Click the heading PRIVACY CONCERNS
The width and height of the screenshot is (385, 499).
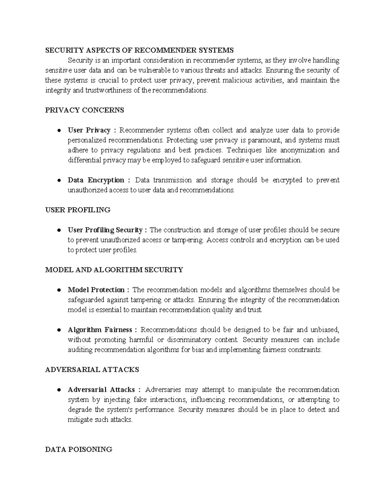coord(84,110)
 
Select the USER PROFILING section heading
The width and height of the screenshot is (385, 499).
coord(78,210)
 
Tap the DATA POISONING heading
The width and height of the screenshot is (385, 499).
coord(79,450)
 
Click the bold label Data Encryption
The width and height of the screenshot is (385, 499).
coord(96,180)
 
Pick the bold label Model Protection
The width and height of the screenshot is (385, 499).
coord(96,290)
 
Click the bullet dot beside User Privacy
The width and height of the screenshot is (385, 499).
coord(59,130)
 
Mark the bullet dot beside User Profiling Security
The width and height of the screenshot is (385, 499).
coord(59,230)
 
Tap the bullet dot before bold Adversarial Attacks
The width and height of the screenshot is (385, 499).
coord(59,390)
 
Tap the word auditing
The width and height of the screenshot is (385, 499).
coord(80,350)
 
